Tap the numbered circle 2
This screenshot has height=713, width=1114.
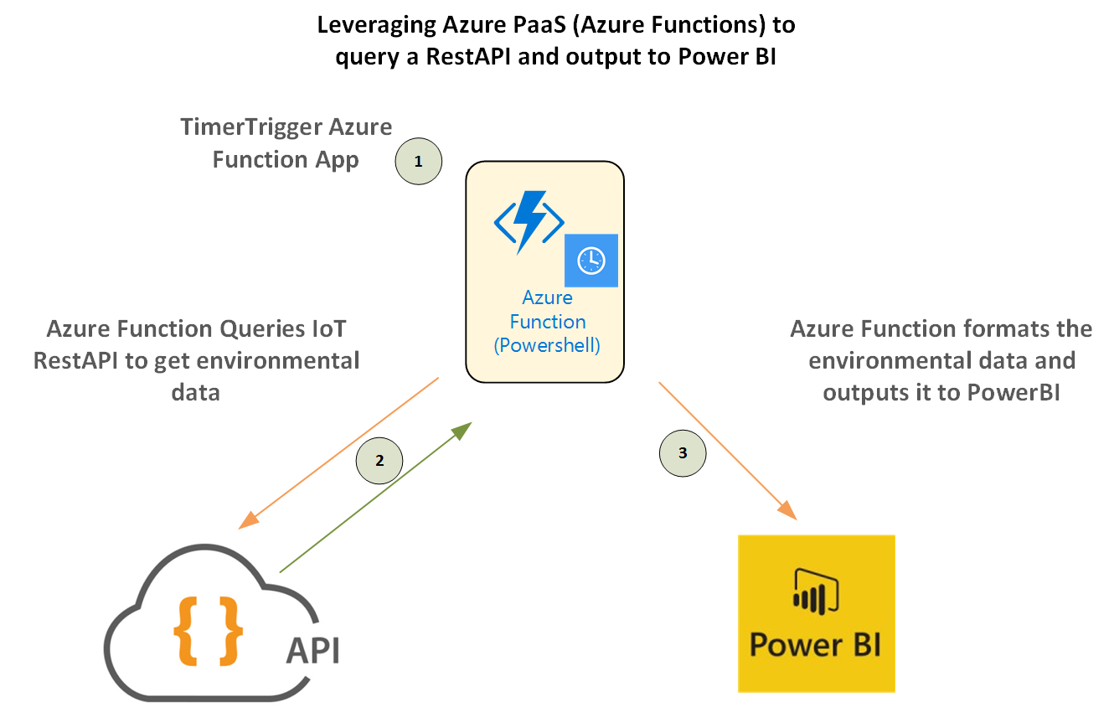tap(379, 460)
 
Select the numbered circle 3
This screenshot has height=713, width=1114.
tap(683, 453)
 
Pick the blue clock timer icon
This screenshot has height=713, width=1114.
tap(591, 261)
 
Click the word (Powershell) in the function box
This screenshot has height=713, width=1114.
tap(548, 345)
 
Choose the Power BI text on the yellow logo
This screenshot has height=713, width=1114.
tap(815, 645)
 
